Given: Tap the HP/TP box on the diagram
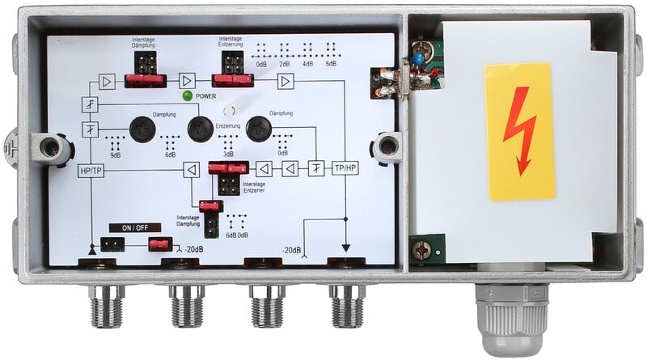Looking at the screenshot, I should (x=91, y=171).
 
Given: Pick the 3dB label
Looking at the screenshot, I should (x=228, y=154).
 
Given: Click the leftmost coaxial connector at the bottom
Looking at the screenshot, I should (x=107, y=305).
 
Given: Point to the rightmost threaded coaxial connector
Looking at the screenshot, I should (x=348, y=305).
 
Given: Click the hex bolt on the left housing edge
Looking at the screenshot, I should (x=53, y=147).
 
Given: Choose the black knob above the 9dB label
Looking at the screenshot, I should (x=143, y=128).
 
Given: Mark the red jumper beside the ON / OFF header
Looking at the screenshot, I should (x=159, y=244).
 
